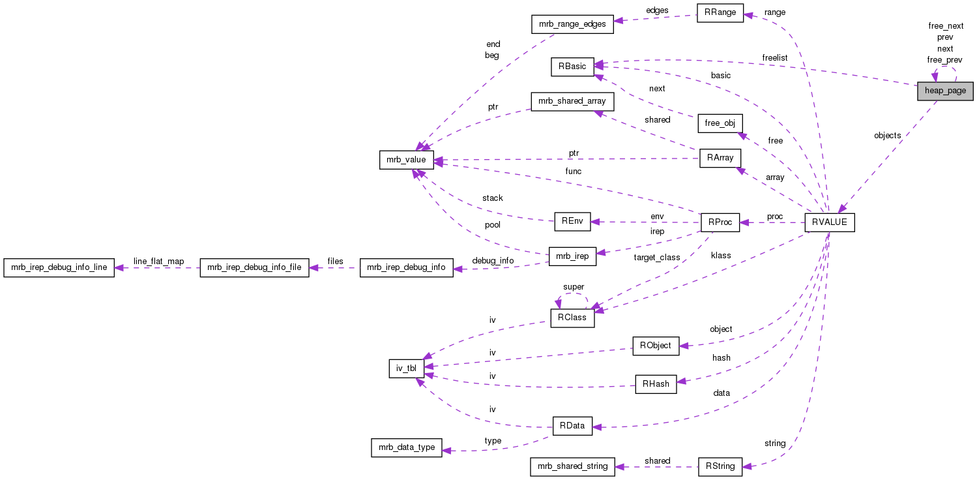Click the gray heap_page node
pos(945,91)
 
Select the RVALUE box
pos(829,222)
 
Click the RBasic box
pos(572,67)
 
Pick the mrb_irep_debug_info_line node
pos(59,268)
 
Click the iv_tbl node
pos(407,368)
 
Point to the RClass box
pos(572,318)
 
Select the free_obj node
pos(720,123)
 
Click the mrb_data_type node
pos(407,448)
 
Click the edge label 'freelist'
pos(774,58)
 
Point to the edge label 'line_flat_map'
pos(158,261)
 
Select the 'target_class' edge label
pos(656,258)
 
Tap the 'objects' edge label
pos(887,136)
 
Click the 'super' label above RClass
pos(574,287)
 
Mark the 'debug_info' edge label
pos(493,261)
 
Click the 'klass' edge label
pos(720,255)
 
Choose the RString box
pos(720,466)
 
